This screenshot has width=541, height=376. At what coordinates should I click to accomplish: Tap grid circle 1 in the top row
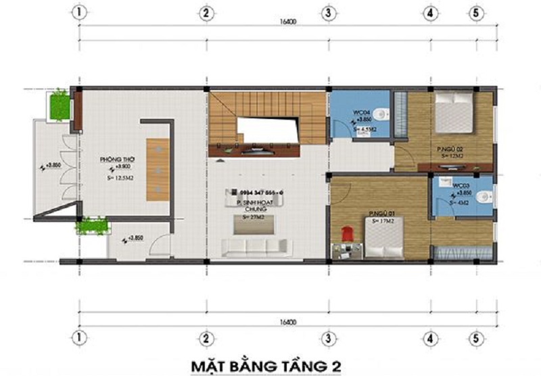pos(80,13)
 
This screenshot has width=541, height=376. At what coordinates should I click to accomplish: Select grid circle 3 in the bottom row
pos(328,336)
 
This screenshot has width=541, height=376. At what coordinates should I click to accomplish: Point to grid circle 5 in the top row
pos(476,13)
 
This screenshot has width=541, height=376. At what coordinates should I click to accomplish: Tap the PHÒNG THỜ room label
pos(118,160)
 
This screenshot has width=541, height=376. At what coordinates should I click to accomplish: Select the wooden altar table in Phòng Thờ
pos(157,169)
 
